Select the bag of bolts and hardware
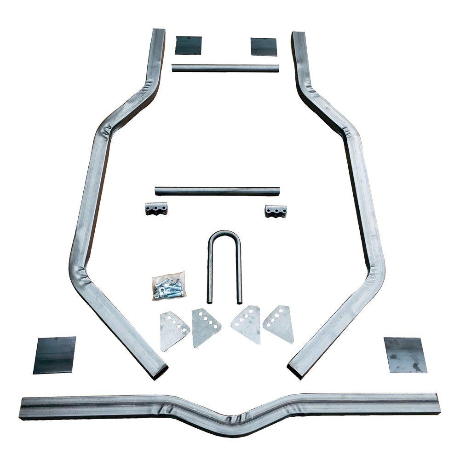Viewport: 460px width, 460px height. (168, 286)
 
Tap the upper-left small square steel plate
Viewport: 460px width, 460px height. (188, 46)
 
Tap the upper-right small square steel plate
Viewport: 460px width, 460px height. (264, 47)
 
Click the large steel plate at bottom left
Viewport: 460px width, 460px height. (54, 355)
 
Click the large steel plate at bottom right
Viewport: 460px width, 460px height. (405, 355)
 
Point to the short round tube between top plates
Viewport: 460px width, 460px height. (225, 68)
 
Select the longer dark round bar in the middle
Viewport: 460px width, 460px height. (217, 191)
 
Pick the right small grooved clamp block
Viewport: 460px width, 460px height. (276, 211)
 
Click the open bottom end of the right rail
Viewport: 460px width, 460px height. (295, 371)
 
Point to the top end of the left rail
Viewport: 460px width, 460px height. (158, 32)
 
